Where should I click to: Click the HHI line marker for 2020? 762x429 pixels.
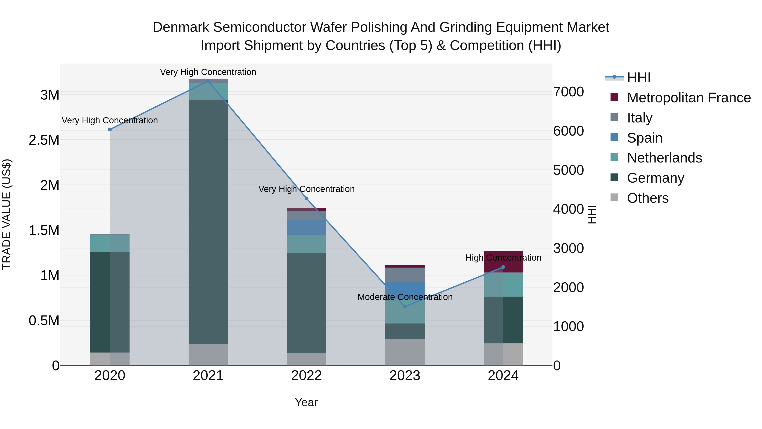110,129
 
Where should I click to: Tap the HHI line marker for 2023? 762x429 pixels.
405,306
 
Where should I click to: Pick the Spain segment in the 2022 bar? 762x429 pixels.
306,227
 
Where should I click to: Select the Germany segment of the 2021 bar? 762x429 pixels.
208,222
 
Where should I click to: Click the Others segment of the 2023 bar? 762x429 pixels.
405,352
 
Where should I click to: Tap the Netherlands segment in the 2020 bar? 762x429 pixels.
110,243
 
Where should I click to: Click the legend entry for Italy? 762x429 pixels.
639,118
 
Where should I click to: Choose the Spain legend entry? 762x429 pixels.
644,138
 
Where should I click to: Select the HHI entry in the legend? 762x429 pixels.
638,78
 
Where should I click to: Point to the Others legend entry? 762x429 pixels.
647,198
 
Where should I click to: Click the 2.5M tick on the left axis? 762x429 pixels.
44,140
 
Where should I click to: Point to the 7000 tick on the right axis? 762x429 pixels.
568,92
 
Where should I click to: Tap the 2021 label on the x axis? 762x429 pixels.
208,376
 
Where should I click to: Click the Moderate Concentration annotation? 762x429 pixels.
405,297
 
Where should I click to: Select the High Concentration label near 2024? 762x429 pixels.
503,258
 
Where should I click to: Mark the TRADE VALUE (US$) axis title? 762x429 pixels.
7,214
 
